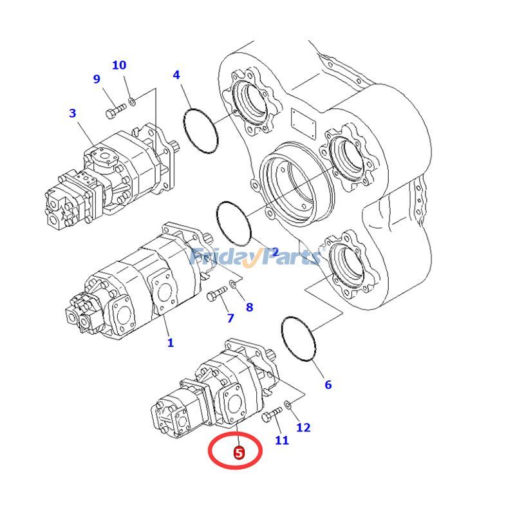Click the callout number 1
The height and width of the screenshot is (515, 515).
pos(171,342)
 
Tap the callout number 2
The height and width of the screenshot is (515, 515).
pos(275,252)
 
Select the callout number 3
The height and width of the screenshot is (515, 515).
pos(73,113)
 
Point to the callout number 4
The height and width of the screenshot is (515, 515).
pos(176,75)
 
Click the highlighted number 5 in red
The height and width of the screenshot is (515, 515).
pos(239,453)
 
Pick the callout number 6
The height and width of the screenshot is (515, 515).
pos(328,385)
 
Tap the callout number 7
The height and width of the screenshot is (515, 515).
pos(230,318)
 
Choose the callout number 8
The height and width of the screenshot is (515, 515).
pos(249,307)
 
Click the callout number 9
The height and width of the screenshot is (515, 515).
pos(97,79)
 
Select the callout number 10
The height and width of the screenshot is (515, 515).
pos(119,65)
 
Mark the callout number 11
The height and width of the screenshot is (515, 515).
pos(282,440)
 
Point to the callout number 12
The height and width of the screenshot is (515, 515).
pos(303,427)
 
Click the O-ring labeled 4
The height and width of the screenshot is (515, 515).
pos(201,129)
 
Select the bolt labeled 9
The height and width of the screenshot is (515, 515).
pos(115,112)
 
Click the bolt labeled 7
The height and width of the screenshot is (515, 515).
pos(216,294)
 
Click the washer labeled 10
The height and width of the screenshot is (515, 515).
pos(131,100)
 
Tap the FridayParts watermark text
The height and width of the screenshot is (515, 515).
pos(256,257)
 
